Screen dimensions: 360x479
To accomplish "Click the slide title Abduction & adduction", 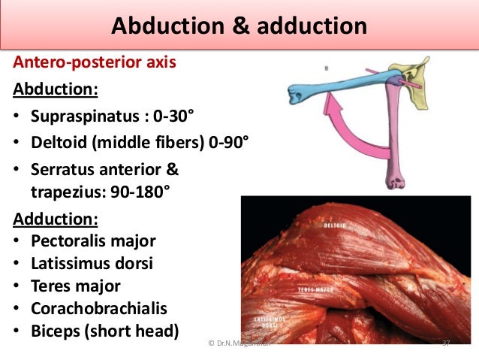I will click(239, 27).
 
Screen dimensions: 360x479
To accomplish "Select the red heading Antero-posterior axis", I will click(95, 62).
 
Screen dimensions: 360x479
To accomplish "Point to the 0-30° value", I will click(173, 116).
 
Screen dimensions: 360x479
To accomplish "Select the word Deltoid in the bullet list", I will click(58, 143).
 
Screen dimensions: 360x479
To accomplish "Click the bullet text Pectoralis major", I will click(93, 241).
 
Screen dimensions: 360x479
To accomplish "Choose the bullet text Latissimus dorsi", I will click(92, 264).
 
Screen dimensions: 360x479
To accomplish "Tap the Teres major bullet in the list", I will click(75, 286).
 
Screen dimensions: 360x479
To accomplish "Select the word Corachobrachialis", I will click(98, 308).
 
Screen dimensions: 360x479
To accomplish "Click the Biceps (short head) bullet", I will click(106, 331).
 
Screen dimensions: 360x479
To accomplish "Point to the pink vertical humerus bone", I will click(395, 143).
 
